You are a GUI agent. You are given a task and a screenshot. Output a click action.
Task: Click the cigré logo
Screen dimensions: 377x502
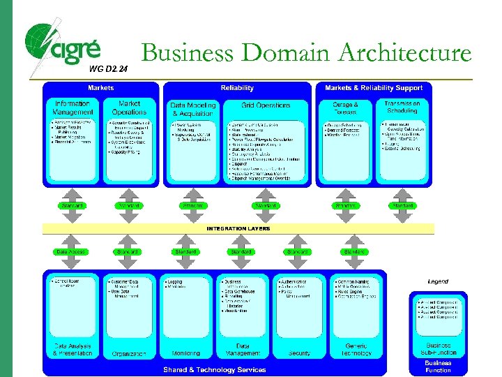pyautogui.click(x=63, y=45)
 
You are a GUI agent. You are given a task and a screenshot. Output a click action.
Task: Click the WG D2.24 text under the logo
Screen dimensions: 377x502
pyautogui.click(x=109, y=68)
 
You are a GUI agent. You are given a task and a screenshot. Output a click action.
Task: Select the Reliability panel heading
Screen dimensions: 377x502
pyautogui.click(x=237, y=88)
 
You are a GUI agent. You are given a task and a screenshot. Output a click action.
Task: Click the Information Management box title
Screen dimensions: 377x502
pyautogui.click(x=72, y=108)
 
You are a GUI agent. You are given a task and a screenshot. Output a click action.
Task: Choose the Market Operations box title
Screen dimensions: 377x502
pyautogui.click(x=130, y=108)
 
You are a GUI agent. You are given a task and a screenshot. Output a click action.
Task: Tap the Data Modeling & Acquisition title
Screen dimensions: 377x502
pyautogui.click(x=193, y=109)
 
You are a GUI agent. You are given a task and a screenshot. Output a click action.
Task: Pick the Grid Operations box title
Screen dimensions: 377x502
pyautogui.click(x=266, y=105)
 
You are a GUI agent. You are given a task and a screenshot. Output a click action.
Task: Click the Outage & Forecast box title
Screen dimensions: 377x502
pyautogui.click(x=345, y=108)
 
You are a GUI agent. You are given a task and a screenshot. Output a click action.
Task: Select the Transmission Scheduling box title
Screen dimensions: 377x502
pyautogui.click(x=402, y=107)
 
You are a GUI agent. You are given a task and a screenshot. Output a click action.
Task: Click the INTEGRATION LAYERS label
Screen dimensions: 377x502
pyautogui.click(x=238, y=228)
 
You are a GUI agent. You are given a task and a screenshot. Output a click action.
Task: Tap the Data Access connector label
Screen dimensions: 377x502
pyautogui.click(x=70, y=251)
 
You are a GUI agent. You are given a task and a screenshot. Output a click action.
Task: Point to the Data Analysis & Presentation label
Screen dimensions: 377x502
pyautogui.click(x=73, y=350)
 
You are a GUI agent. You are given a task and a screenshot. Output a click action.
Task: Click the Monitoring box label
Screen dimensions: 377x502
pyautogui.click(x=185, y=353)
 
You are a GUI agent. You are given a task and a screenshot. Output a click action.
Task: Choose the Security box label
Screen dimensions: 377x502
pyautogui.click(x=300, y=353)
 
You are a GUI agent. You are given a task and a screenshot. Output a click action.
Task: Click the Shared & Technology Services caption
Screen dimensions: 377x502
pyautogui.click(x=214, y=369)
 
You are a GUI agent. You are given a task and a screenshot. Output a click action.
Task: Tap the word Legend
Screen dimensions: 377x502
pyautogui.click(x=438, y=281)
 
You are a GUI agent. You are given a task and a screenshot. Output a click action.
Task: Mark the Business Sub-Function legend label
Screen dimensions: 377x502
pyautogui.click(x=438, y=348)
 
